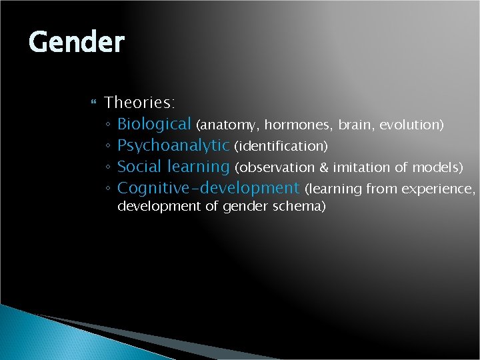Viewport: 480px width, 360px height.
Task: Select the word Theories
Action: click(x=139, y=103)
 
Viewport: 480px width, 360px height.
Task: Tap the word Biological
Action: click(x=154, y=124)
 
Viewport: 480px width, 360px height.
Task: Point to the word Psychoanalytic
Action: click(x=173, y=145)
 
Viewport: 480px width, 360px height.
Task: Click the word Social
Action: click(x=139, y=167)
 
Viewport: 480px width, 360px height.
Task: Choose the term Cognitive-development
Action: click(x=208, y=188)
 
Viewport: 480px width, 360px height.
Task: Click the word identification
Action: click(x=280, y=146)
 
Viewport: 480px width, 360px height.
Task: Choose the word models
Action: click(x=437, y=167)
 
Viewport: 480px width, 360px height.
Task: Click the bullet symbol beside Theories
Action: click(x=93, y=103)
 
